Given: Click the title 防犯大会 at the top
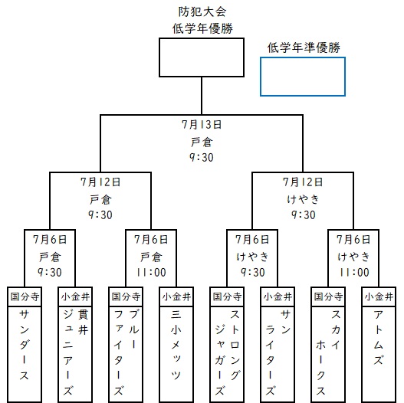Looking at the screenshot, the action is click(202, 11).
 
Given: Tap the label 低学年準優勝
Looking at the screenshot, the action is click(304, 48).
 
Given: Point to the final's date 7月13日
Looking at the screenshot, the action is click(202, 125).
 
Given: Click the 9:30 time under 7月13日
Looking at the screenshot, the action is click(202, 157).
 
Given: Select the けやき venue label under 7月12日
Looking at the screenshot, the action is click(304, 199).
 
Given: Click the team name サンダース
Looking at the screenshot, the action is click(25, 345).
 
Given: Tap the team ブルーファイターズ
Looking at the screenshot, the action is click(126, 352).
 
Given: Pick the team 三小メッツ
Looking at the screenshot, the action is click(176, 345).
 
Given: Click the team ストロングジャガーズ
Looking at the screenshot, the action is click(227, 352).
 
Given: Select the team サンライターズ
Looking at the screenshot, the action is click(278, 352).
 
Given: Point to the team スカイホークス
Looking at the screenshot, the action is click(328, 352).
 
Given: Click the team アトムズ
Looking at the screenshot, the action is click(379, 338).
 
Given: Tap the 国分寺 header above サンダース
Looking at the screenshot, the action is click(25, 297).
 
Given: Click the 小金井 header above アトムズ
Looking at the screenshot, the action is click(379, 297).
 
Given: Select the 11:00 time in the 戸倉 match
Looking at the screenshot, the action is click(151, 273).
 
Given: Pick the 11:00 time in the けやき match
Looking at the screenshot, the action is click(354, 273).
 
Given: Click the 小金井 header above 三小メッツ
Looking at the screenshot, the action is click(176, 297).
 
